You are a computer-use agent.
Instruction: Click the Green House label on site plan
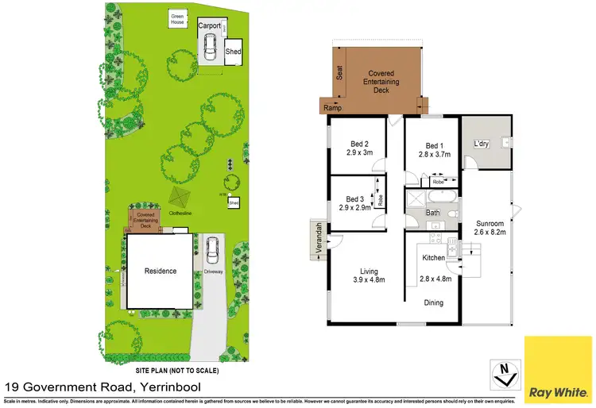pyautogui.click(x=177, y=19)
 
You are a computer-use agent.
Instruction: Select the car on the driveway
pyautogui.click(x=211, y=252)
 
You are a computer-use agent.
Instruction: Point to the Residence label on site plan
pyautogui.click(x=159, y=271)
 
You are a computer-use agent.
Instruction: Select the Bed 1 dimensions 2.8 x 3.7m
pyautogui.click(x=432, y=156)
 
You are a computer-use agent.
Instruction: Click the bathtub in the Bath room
pyautogui.click(x=439, y=197)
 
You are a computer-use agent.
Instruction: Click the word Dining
pyautogui.click(x=433, y=302)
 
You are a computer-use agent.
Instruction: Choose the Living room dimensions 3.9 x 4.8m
pyautogui.click(x=368, y=280)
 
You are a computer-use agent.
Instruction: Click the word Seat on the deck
pyautogui.click(x=339, y=74)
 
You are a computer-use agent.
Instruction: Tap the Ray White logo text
pyautogui.click(x=559, y=392)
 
